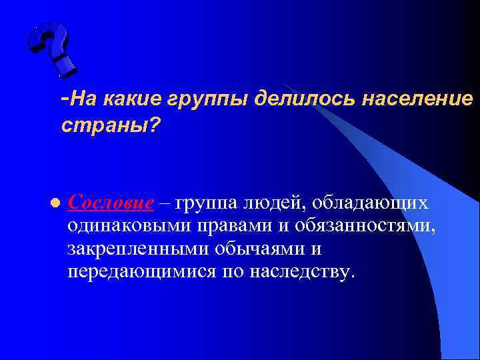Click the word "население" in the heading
(x=417, y=99)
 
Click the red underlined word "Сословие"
(x=111, y=203)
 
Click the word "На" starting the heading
(x=79, y=99)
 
